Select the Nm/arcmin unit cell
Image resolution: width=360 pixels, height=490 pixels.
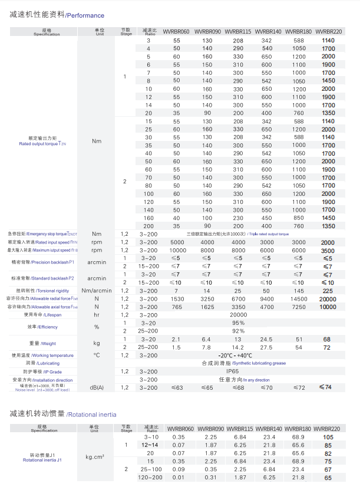(97, 291)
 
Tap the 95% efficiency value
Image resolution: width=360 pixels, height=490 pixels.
(238, 323)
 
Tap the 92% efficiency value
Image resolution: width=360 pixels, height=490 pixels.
(238, 331)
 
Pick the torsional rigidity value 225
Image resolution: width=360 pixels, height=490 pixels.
(328, 291)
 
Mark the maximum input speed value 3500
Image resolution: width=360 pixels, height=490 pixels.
(328, 251)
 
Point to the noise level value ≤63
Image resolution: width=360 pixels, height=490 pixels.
(176, 387)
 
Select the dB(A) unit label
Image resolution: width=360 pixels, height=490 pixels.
(97, 387)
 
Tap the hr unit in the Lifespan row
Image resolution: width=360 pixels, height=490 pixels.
(97, 315)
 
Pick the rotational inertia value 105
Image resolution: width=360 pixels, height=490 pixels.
(328, 436)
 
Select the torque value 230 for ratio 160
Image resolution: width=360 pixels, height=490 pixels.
(238, 218)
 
